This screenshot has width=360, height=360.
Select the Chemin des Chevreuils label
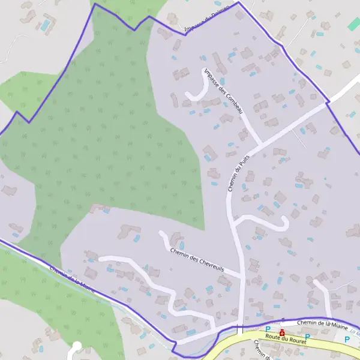point(196,260)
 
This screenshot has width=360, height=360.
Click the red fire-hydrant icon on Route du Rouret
point(281,332)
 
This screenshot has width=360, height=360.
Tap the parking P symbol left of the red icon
point(268,329)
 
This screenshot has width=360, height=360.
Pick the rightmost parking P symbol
point(346,339)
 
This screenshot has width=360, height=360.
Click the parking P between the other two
point(307,336)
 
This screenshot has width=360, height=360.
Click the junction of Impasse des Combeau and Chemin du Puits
point(260,145)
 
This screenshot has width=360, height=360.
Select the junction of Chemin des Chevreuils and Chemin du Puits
point(242,277)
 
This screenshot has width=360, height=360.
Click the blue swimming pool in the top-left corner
point(46,25)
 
